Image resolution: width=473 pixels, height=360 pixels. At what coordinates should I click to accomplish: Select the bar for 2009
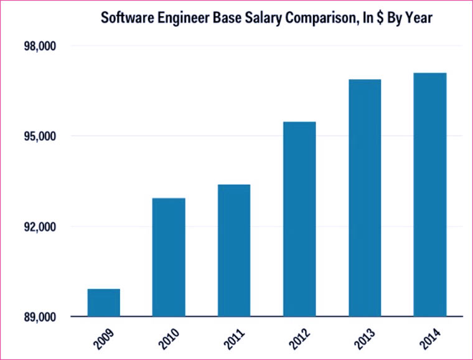(x=103, y=303)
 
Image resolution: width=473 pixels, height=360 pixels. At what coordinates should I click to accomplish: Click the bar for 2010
(x=169, y=257)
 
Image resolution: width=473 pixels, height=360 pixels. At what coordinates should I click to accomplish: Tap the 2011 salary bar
(x=234, y=250)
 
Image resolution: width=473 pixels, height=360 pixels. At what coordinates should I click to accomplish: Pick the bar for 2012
(x=299, y=219)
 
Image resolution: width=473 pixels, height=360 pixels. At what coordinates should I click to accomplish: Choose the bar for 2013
(x=365, y=198)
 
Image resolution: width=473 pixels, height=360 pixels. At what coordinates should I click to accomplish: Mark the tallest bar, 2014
(x=430, y=195)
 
